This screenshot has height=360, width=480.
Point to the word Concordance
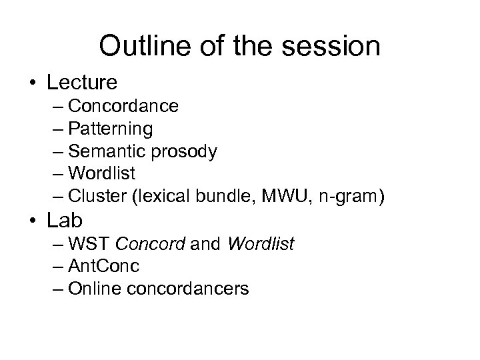123,105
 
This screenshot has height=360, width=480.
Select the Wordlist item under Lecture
102,174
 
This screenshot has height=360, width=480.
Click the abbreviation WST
87,245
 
